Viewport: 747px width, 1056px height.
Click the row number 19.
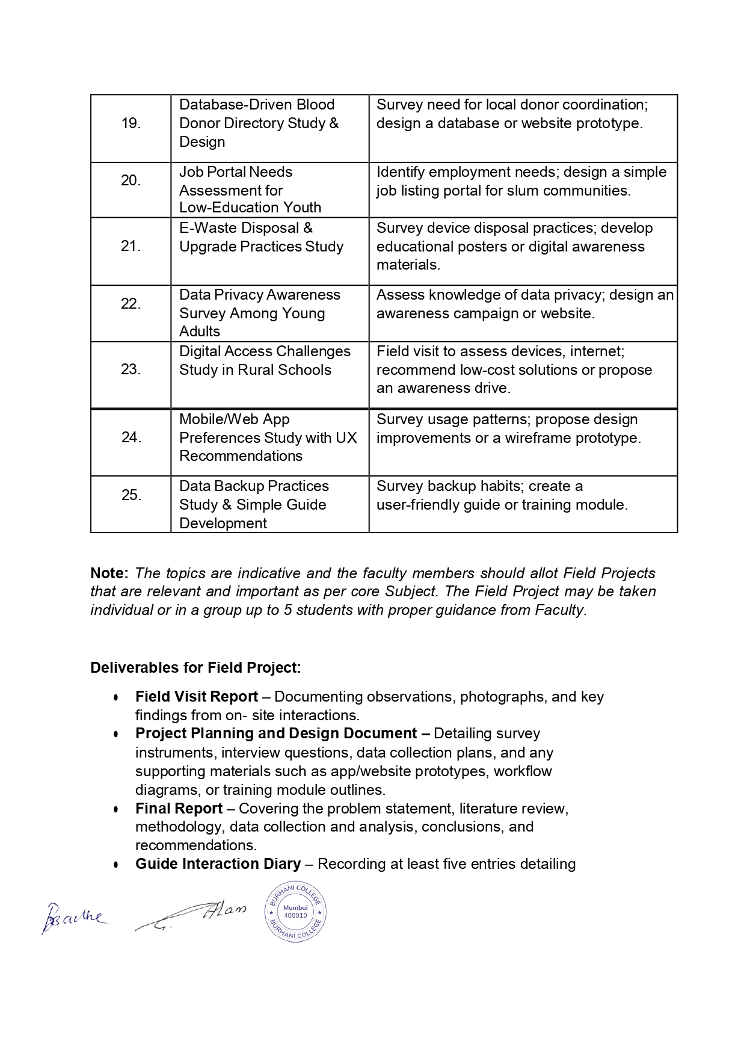[131, 123]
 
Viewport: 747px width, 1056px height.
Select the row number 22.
[131, 304]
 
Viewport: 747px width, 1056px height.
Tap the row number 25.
[131, 495]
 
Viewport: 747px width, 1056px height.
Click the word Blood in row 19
[315, 105]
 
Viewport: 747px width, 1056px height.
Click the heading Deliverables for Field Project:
[195, 668]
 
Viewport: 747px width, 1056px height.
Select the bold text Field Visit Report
[197, 697]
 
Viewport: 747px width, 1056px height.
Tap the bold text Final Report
[179, 809]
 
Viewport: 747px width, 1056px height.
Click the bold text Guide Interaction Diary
[218, 864]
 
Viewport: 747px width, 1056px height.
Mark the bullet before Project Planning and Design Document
[116, 735]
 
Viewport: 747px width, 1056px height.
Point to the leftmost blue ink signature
[73, 918]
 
